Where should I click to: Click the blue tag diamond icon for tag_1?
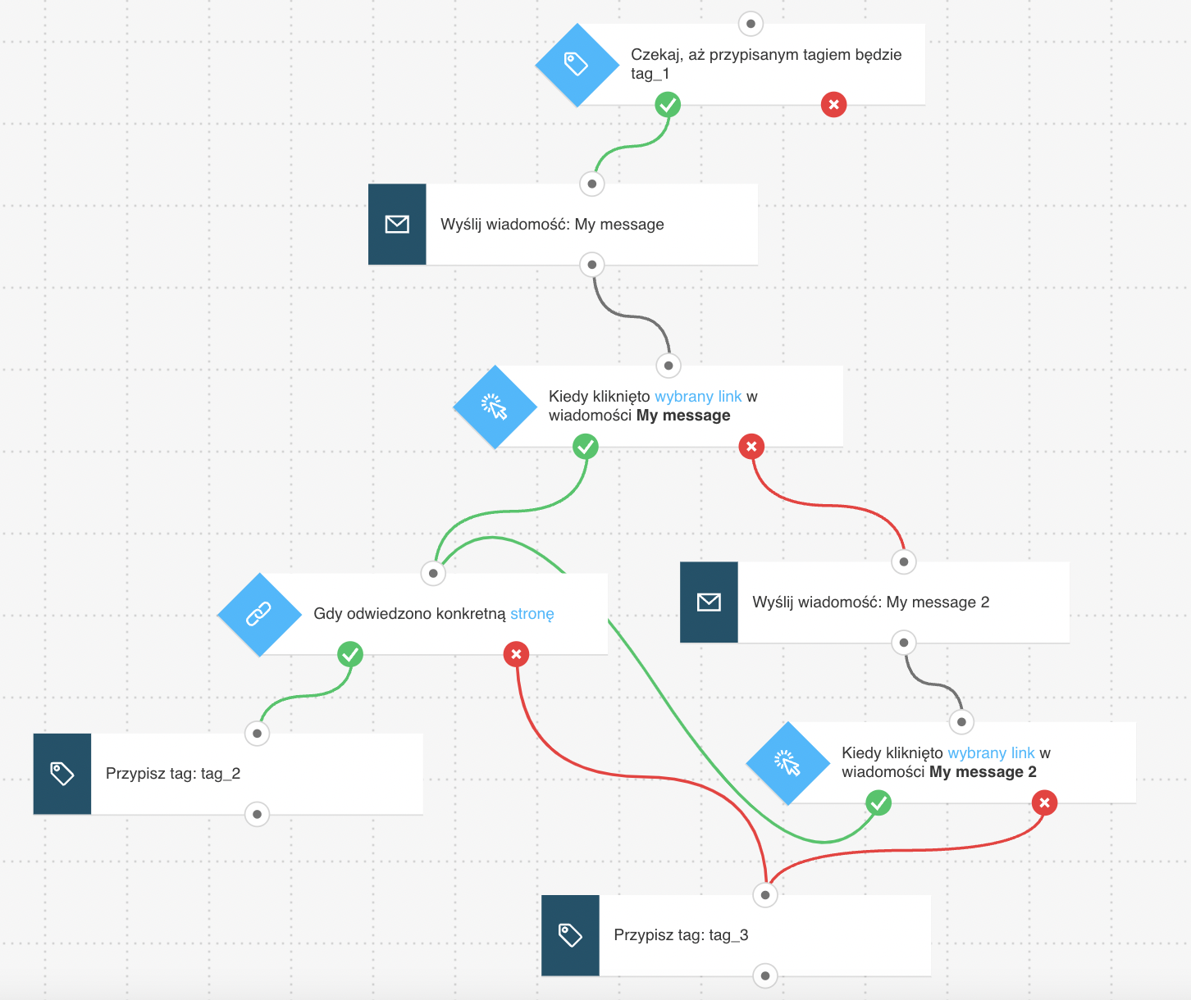coord(577,65)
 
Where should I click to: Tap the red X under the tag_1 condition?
coord(833,105)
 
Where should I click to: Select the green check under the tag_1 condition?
coord(668,105)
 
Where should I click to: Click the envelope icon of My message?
coord(397,224)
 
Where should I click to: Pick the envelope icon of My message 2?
coord(709,602)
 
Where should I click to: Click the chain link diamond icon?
coord(259,615)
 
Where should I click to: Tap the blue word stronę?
coord(532,614)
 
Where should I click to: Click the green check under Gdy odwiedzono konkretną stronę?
coord(350,654)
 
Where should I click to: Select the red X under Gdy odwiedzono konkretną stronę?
coord(516,654)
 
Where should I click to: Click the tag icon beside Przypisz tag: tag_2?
coord(62,774)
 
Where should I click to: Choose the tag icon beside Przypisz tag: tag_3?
coord(570,935)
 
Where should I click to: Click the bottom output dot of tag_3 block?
coord(765,976)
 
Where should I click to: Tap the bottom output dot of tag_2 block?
coord(258,814)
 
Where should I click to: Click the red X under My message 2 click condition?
coord(1044,803)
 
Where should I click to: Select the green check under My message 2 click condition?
coord(878,803)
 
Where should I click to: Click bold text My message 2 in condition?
coord(983,772)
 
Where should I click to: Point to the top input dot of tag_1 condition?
coord(751,24)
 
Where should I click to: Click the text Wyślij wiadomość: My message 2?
coord(870,602)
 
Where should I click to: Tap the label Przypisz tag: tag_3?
coord(681,935)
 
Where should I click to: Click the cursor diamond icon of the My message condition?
coord(495,407)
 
